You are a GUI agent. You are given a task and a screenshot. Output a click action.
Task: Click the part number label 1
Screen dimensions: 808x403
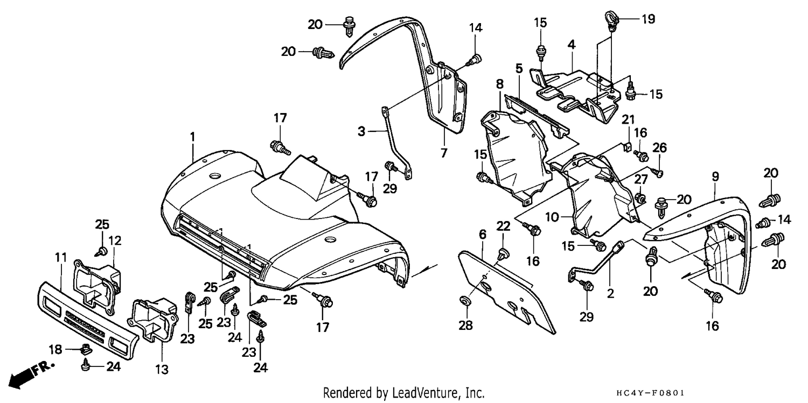tap(193, 137)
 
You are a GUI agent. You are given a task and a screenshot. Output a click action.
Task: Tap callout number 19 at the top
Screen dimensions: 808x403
tap(648, 19)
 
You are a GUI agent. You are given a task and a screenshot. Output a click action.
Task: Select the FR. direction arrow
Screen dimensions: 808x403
tap(31, 377)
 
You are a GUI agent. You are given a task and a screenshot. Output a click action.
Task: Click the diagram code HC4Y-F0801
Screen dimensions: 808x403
tap(650, 392)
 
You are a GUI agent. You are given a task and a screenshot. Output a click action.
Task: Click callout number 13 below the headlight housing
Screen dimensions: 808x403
tap(162, 369)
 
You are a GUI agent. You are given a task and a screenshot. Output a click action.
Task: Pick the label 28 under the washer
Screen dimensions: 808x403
tap(466, 326)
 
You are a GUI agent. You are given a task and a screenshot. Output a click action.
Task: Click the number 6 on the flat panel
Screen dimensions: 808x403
tap(483, 235)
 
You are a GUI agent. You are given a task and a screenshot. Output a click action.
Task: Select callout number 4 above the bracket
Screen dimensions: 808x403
tap(572, 45)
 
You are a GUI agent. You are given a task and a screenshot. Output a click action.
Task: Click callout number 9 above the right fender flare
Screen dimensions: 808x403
tap(715, 176)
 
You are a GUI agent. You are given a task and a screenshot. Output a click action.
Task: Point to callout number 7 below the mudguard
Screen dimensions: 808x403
tap(444, 153)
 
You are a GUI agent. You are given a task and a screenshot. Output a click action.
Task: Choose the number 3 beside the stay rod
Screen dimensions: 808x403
tap(361, 131)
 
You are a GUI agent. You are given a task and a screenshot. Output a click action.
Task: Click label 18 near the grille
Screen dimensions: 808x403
tap(55, 349)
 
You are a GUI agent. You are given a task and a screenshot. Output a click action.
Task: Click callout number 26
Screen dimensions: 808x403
tap(660, 147)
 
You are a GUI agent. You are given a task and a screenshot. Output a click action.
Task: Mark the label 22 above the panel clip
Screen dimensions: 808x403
tap(504, 226)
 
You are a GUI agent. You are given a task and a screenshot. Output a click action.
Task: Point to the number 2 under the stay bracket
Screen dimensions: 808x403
tap(610, 294)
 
